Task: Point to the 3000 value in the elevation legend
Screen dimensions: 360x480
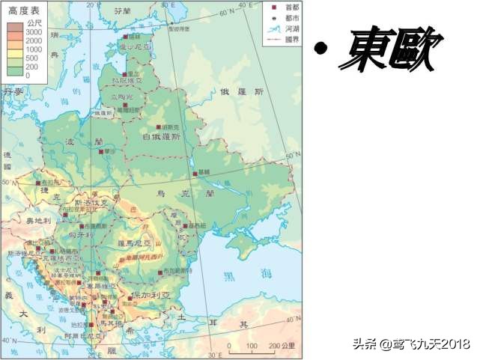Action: click(33, 33)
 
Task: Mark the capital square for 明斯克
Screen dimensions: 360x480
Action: click(158, 127)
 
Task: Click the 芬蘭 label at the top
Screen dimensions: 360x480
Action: click(121, 12)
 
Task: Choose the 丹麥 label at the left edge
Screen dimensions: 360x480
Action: click(13, 91)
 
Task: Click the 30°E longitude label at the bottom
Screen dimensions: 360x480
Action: click(214, 354)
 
